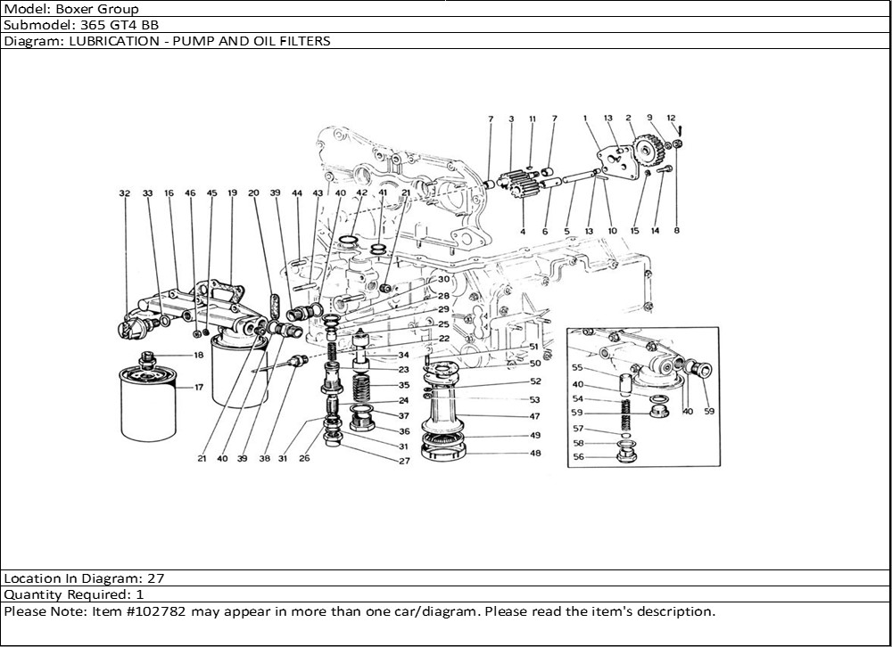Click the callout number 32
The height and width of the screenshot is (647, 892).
tap(124, 192)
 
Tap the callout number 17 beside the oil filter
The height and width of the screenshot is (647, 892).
tap(199, 387)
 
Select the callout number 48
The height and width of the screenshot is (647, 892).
tap(535, 454)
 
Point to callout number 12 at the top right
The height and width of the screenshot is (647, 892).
tap(672, 119)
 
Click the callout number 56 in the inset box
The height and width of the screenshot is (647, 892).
tap(578, 456)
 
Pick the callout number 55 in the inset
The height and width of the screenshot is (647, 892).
tap(577, 367)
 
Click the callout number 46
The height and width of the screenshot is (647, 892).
tap(190, 192)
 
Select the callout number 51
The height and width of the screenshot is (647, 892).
tap(534, 347)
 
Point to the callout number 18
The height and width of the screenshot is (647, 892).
tap(198, 356)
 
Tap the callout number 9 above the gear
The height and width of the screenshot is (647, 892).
tap(649, 118)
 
